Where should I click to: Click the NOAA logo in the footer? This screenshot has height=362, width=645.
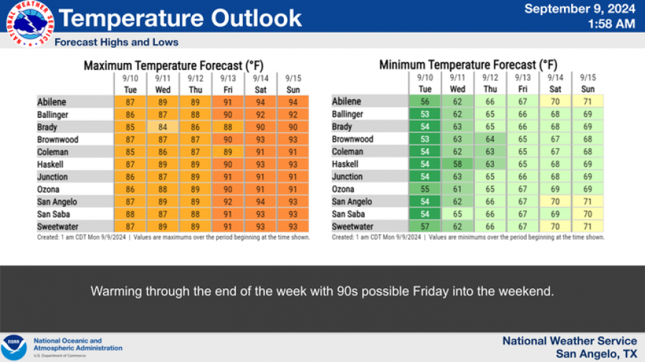pos(14,348)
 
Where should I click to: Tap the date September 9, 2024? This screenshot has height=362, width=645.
pos(580,9)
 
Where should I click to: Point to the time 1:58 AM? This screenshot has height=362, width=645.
pos(611,24)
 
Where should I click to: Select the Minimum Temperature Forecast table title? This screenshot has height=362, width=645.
pos(468,65)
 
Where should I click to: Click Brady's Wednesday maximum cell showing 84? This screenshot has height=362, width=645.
pos(163,127)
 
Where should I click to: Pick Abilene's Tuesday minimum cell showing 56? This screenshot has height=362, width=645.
pos(425,102)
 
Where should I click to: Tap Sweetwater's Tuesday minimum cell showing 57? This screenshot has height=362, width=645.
pos(425,227)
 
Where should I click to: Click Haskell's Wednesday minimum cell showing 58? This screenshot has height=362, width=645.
pos(457,165)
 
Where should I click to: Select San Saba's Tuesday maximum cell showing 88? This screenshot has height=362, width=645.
pos(130,214)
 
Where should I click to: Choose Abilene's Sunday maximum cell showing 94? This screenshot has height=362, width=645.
pos(293,102)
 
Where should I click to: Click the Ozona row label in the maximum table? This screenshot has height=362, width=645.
pos(52,190)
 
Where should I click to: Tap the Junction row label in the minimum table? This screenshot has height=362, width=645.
pos(348,177)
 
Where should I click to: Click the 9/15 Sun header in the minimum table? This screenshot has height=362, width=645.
pos(588,84)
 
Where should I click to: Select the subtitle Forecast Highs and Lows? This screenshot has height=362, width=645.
pos(117,42)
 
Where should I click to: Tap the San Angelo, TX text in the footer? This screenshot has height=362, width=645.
pos(596,353)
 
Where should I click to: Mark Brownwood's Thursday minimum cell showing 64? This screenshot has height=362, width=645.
pos(490,140)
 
